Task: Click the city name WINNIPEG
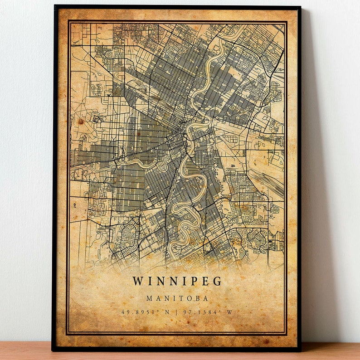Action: coord(177,281)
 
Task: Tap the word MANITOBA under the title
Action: coord(177,298)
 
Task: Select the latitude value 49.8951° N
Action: coord(145,312)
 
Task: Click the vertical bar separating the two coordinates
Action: coord(176,312)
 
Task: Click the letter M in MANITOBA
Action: coord(149,298)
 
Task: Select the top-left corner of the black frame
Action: coord(55,6)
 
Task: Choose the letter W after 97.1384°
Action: coord(229,312)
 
